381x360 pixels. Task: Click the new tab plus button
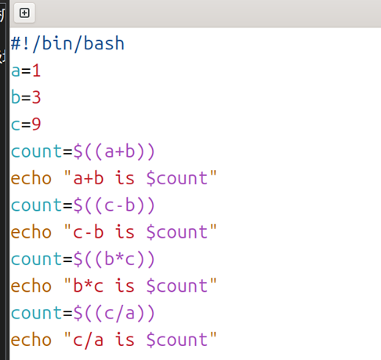click(24, 13)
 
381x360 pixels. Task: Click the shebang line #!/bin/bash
click(67, 44)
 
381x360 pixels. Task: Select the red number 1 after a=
click(36, 71)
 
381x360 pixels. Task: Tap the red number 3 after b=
click(36, 97)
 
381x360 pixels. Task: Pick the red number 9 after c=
click(36, 124)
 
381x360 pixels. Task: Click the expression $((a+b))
click(114, 152)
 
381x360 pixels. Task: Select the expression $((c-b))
click(114, 205)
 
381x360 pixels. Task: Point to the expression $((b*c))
click(114, 260)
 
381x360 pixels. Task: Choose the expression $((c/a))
click(114, 314)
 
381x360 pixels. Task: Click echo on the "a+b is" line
click(31, 178)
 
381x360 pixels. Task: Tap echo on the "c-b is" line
click(31, 232)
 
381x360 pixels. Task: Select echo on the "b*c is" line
click(31, 286)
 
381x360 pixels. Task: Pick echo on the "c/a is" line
click(31, 340)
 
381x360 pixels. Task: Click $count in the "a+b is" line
click(177, 178)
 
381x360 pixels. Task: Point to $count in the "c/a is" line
click(177, 340)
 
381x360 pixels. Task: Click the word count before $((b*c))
click(36, 260)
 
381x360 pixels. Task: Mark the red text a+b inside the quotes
click(89, 178)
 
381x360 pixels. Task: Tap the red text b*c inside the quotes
click(89, 286)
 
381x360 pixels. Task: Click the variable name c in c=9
click(16, 125)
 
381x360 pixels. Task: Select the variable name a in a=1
click(16, 71)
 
